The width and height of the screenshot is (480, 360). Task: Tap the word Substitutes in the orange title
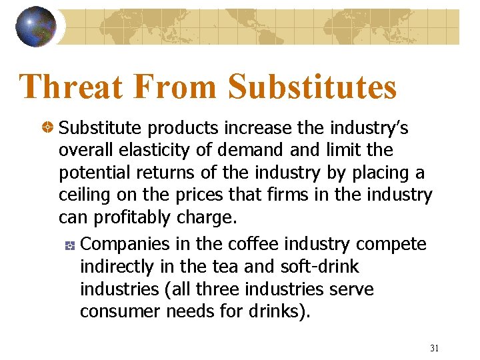(x=312, y=87)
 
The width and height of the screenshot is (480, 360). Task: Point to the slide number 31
(x=435, y=348)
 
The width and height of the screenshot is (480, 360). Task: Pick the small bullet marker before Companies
(x=70, y=245)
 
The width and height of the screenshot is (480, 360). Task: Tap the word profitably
(x=137, y=218)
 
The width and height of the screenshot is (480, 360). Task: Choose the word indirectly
(x=117, y=267)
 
